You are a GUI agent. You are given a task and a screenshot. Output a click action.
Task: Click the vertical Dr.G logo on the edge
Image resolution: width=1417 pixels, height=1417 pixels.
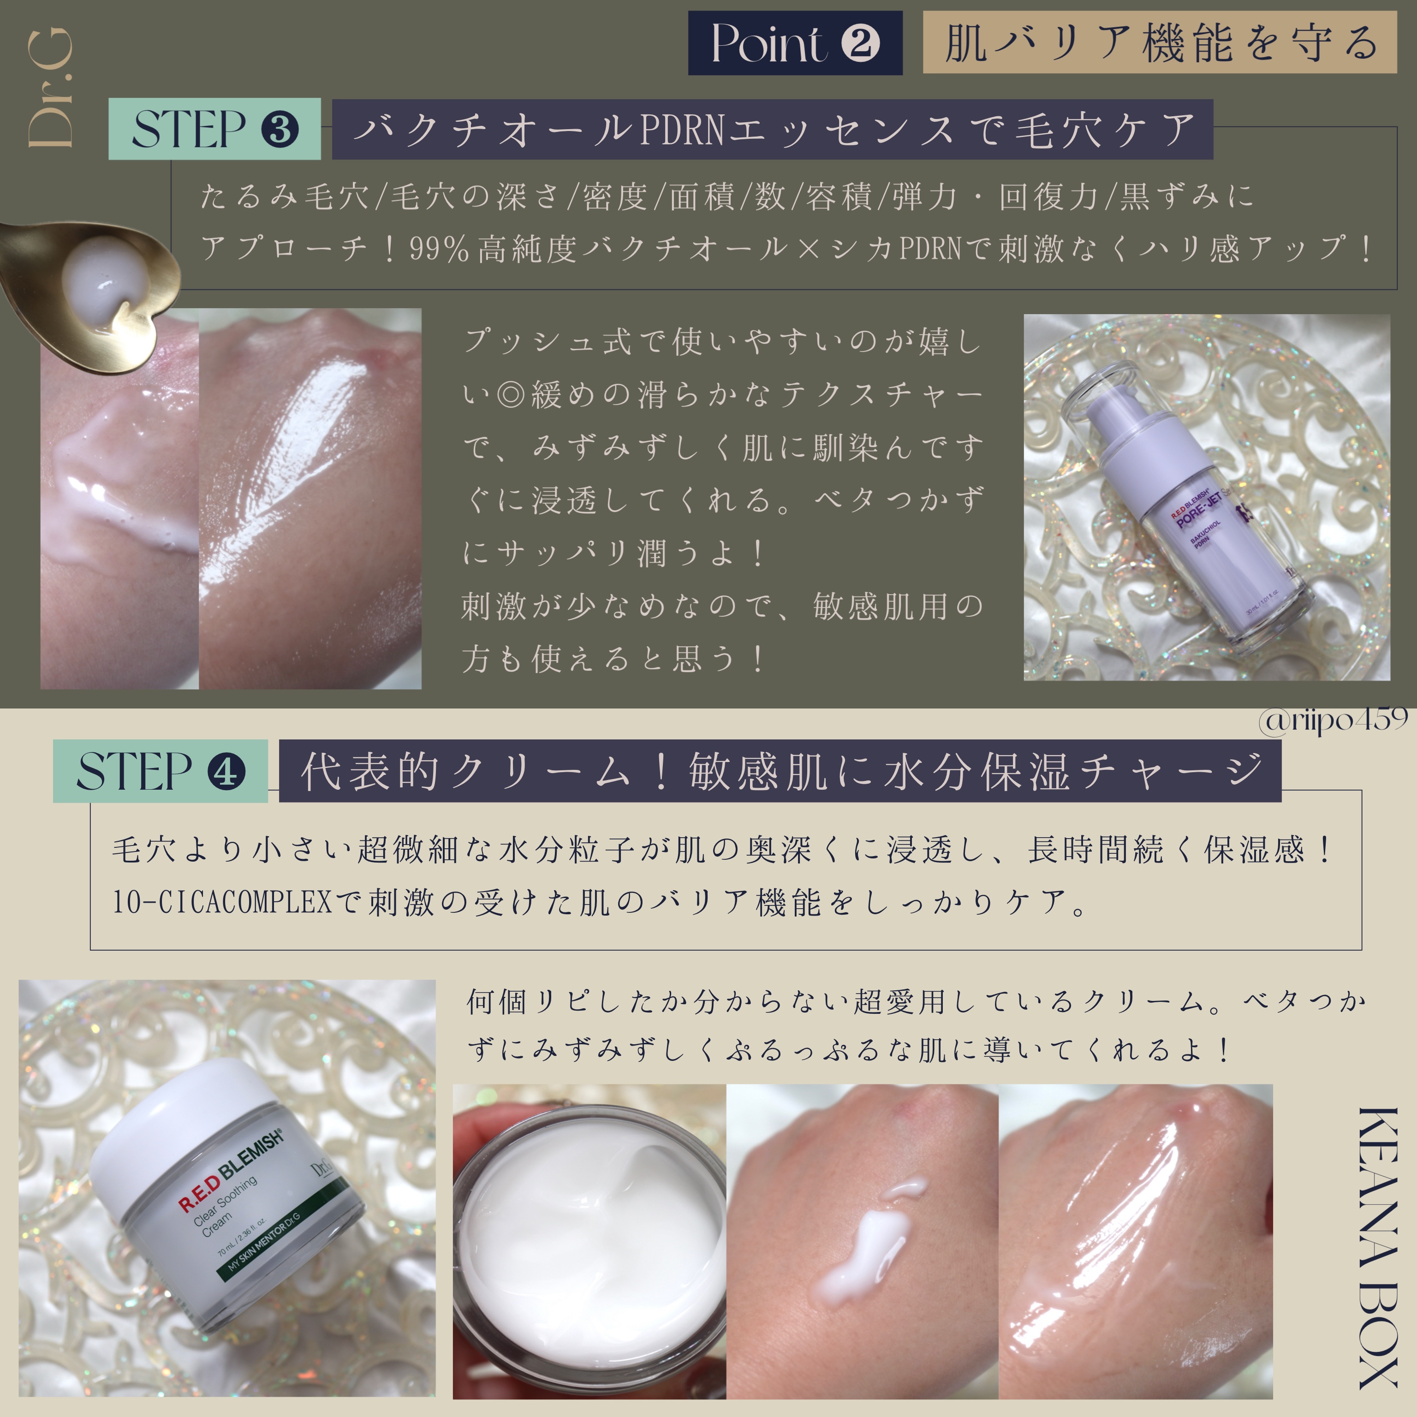click(x=50, y=88)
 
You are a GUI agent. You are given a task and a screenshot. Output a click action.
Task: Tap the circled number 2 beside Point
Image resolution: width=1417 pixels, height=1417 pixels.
click(x=860, y=43)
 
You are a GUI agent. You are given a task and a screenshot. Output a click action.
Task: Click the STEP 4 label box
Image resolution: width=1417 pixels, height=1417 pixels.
click(x=160, y=772)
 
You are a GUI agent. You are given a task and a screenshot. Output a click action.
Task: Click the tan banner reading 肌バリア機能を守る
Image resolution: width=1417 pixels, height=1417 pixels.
click(x=1160, y=42)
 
